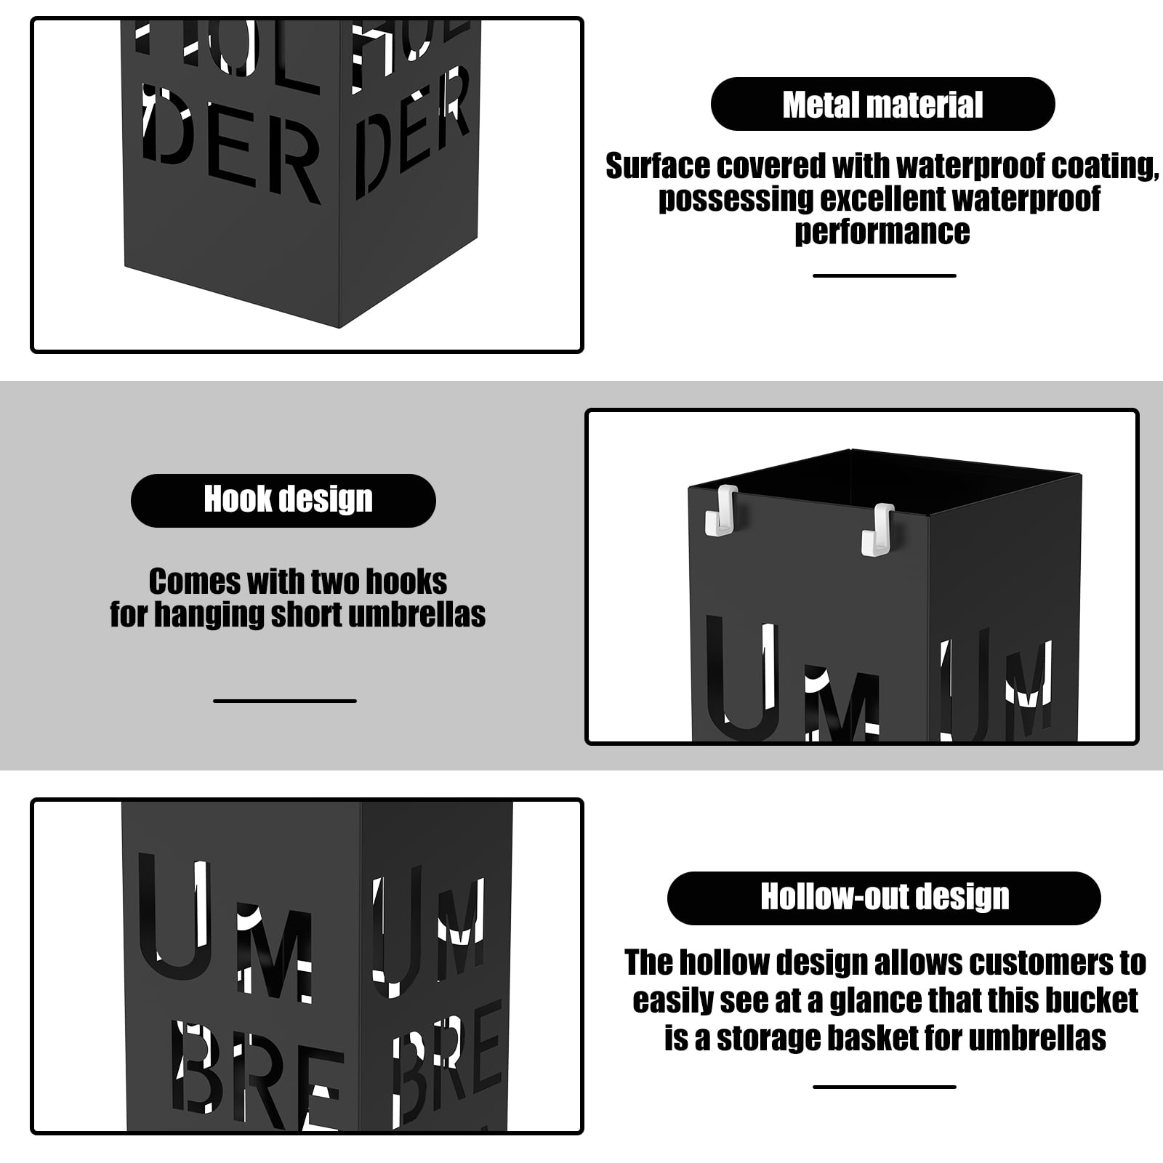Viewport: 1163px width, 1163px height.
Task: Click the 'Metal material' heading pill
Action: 882,104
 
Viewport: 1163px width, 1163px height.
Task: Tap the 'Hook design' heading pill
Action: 283,500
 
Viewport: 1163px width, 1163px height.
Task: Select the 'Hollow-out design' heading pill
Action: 884,898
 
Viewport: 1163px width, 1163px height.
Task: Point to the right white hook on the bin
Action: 878,529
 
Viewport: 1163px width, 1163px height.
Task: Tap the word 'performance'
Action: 882,232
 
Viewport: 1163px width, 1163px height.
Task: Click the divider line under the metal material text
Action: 884,275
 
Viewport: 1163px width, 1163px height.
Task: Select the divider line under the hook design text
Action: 285,701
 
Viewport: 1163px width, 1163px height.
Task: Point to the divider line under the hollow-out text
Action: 884,1087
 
